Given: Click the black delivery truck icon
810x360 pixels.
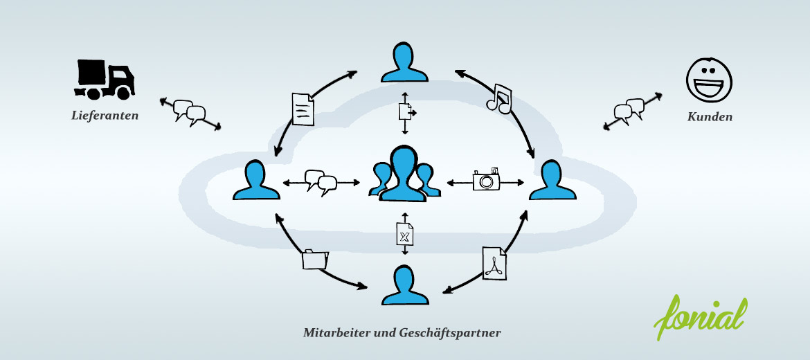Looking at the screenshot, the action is coord(105,80).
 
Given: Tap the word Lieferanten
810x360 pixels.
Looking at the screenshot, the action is coord(105,115).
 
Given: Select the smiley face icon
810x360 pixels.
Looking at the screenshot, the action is coord(709,80).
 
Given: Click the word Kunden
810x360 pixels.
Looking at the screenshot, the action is coord(709,117).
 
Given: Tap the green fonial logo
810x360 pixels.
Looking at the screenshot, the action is coord(701,316).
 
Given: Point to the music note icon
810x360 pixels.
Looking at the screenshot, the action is coord(499,98).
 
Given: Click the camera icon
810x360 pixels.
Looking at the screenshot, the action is coord(486,179).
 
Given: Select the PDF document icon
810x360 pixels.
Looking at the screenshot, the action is coord(494,263).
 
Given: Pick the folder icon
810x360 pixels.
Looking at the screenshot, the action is coord(315,259).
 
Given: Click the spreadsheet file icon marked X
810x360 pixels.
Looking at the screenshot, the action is coord(405,234).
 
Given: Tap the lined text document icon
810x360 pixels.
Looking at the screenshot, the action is coord(303,109).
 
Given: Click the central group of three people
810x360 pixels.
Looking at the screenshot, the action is coord(404,174).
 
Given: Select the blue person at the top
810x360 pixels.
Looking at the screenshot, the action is coord(404,62).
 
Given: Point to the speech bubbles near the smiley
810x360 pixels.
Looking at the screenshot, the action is coord(629,111).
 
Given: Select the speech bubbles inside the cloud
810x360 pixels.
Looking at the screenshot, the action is coord(321,182).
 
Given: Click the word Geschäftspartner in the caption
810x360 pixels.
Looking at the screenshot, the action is coord(450,333).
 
